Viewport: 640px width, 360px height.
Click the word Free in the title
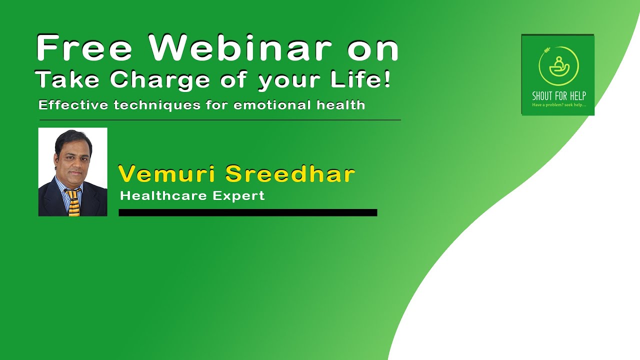84,48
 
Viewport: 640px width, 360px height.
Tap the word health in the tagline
341,105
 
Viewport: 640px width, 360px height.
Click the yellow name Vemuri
167,174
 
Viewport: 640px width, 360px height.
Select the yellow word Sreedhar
290,174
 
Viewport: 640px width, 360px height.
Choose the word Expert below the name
238,195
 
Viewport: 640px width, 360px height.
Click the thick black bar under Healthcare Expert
247,212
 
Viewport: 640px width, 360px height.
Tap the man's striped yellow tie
73,202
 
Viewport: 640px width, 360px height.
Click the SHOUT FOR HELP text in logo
558,96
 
